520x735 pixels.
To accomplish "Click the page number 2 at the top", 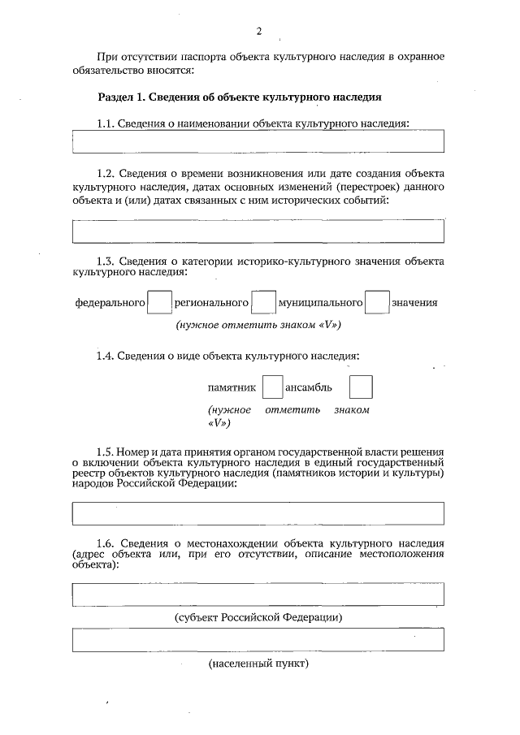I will point(258,32).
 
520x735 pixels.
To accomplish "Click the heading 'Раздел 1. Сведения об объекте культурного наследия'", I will point(240,97).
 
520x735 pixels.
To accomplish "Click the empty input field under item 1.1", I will point(258,141).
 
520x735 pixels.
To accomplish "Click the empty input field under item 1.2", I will point(258,231).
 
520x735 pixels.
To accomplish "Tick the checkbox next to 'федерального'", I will point(160,303).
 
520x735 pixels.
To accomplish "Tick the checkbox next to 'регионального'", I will point(263,303).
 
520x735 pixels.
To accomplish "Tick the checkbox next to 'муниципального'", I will point(376,303).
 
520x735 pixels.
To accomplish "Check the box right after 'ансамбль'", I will point(360,387).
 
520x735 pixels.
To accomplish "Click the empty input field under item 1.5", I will point(258,513).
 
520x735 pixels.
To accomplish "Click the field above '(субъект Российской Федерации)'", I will point(258,594).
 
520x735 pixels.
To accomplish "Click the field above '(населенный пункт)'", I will point(258,641).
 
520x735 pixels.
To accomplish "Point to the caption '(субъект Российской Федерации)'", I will point(258,617).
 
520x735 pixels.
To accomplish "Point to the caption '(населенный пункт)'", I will point(258,664).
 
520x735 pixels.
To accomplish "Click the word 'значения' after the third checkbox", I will point(414,303).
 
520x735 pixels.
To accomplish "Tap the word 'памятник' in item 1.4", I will point(232,387).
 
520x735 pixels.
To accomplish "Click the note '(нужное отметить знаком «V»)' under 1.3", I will point(258,325).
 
